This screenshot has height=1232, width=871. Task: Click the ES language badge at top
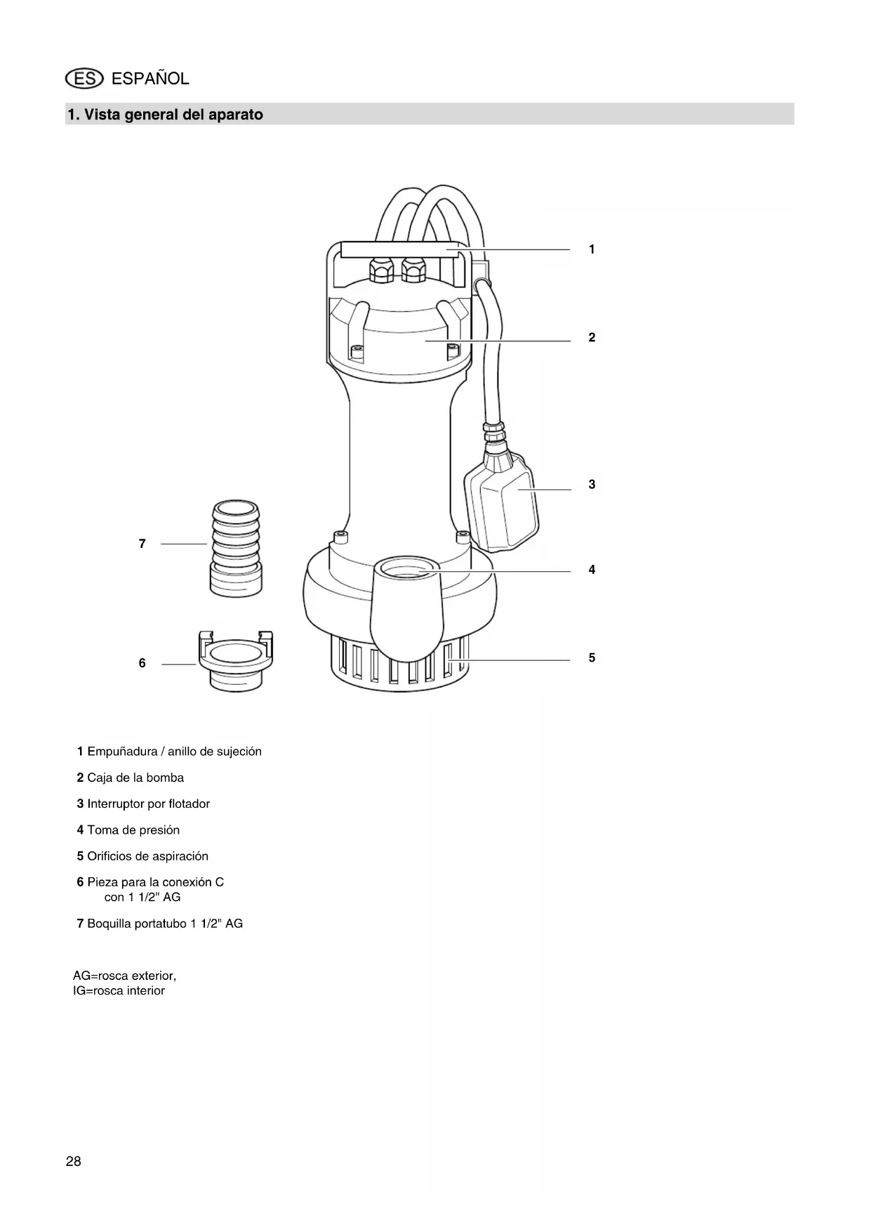[x=84, y=79]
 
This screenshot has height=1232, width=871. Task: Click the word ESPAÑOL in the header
[x=150, y=79]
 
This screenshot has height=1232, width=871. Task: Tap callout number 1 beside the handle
[x=592, y=249]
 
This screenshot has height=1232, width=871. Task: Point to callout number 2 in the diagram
[x=592, y=338]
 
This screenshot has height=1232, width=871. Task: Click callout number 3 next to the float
[x=592, y=485]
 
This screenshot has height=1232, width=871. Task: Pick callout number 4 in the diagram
[x=592, y=570]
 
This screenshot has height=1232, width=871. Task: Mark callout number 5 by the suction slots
[x=592, y=658]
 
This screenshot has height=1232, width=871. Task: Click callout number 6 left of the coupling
[x=142, y=663]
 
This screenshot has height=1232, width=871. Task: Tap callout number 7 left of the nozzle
[x=142, y=544]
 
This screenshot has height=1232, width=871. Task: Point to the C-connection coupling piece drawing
[x=236, y=660]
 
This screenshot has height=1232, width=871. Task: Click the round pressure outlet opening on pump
[x=406, y=568]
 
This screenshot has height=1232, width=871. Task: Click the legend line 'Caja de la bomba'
[x=131, y=778]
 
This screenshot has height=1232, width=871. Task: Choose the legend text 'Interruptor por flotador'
[x=143, y=804]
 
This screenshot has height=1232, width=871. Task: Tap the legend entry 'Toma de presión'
[x=128, y=830]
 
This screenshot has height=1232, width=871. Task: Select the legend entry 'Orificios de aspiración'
[x=142, y=856]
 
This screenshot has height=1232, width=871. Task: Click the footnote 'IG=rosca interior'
[x=119, y=990]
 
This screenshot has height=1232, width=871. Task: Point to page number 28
[x=74, y=1161]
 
